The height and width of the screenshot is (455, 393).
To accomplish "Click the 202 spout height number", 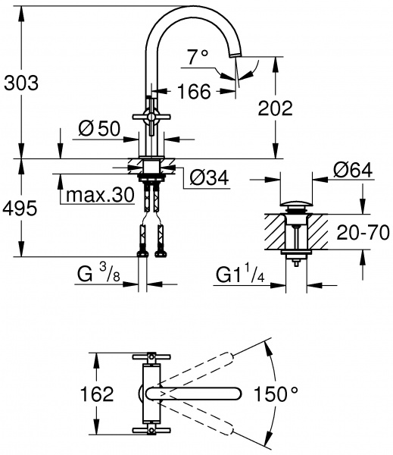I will [x=273, y=108].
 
